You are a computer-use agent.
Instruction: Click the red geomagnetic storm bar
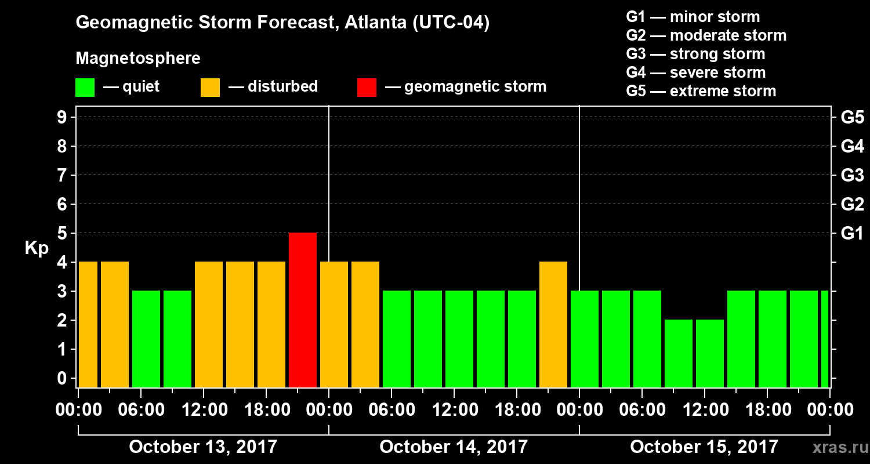pos(303,310)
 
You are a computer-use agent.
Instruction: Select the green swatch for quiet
pos(85,87)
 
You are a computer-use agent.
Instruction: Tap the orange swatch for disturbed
pos(210,87)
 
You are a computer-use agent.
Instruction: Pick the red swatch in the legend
pos(367,87)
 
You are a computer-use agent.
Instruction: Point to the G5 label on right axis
pos(852,118)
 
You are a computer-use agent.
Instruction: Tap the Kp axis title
pos(36,248)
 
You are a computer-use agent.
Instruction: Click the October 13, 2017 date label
pos(202,447)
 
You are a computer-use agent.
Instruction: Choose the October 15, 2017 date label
pos(704,447)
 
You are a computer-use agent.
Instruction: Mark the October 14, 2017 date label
pos(453,447)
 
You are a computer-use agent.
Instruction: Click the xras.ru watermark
pos(836,448)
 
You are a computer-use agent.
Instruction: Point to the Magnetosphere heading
pos(138,59)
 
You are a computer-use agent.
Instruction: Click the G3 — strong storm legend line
pos(695,54)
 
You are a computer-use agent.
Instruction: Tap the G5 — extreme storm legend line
pos(701,91)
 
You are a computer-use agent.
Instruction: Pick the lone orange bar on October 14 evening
pos(553,324)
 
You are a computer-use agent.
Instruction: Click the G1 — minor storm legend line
pos(693,17)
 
